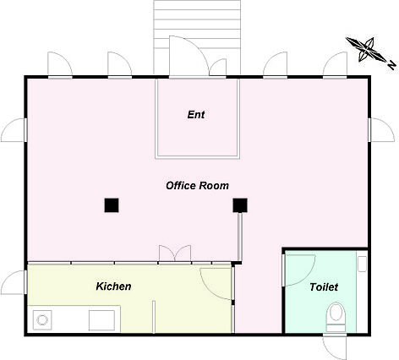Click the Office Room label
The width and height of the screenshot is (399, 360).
pyautogui.click(x=197, y=186)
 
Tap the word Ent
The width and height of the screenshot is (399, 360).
pyautogui.click(x=196, y=115)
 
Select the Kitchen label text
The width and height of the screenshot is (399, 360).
pyautogui.click(x=113, y=286)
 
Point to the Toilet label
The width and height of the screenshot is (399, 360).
pyautogui.click(x=324, y=287)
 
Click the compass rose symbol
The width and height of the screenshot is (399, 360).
pyautogui.click(x=366, y=50)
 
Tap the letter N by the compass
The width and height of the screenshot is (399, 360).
pyautogui.click(x=392, y=65)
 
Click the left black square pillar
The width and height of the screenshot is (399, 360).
pyautogui.click(x=112, y=205)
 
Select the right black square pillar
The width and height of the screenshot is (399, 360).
pyautogui.click(x=240, y=205)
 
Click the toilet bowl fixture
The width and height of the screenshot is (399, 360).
pyautogui.click(x=336, y=317)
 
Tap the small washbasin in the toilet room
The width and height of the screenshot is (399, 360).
pyautogui.click(x=362, y=264)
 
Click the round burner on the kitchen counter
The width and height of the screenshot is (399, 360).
pyautogui.click(x=42, y=320)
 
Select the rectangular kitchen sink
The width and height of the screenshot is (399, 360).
pyautogui.click(x=101, y=320)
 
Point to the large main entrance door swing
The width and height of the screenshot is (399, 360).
pyautogui.click(x=189, y=56)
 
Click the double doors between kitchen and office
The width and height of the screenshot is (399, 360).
pyautogui.click(x=175, y=254)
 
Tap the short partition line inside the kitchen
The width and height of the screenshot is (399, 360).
pyautogui.click(x=154, y=317)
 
